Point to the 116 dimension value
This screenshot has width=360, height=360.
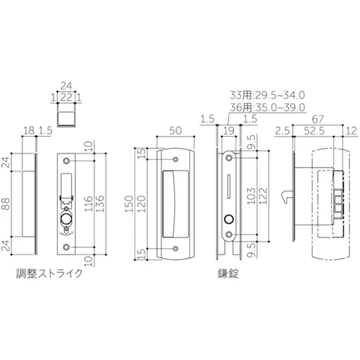[x=89, y=203]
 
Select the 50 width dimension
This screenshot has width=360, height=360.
[x=175, y=130]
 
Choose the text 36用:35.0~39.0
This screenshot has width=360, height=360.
[x=267, y=107]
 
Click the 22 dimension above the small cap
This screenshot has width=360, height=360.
[x=66, y=97]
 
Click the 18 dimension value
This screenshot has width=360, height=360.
[x=29, y=131]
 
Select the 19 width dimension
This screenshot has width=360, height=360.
[x=229, y=131]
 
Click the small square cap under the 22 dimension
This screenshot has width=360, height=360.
[x=66, y=116]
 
